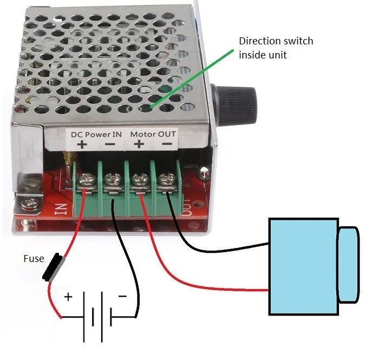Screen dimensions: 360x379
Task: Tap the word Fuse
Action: pos(33,259)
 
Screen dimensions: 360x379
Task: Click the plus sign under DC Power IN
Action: pos(82,144)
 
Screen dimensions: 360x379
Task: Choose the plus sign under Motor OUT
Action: pos(139,144)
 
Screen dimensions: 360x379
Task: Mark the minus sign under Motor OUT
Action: pos(167,144)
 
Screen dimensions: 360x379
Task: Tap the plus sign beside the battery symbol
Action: pos(68,297)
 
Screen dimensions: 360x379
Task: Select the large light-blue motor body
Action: pos(303,265)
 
